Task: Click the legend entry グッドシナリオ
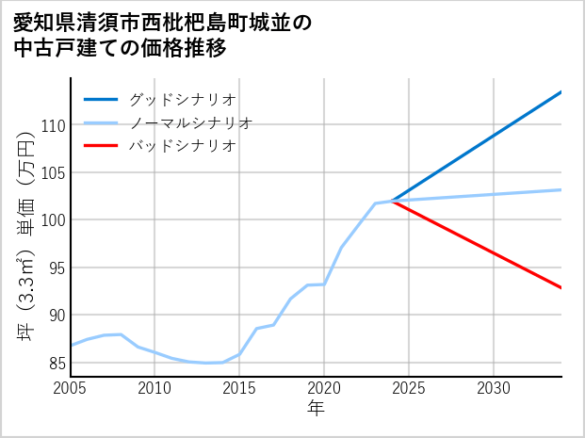pos(182,99)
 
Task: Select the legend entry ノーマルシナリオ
pos(190,122)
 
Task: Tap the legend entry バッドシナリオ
pos(182,146)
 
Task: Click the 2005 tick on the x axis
pos(70,388)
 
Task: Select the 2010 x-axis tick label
pos(154,388)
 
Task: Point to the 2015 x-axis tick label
pos(239,388)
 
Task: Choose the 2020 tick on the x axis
pos(324,388)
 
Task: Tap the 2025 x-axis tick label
pos(409,388)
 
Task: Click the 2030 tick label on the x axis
pos(494,388)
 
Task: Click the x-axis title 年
pos(316,409)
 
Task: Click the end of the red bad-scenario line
pos(561,288)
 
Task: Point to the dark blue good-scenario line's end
pos(561,91)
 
